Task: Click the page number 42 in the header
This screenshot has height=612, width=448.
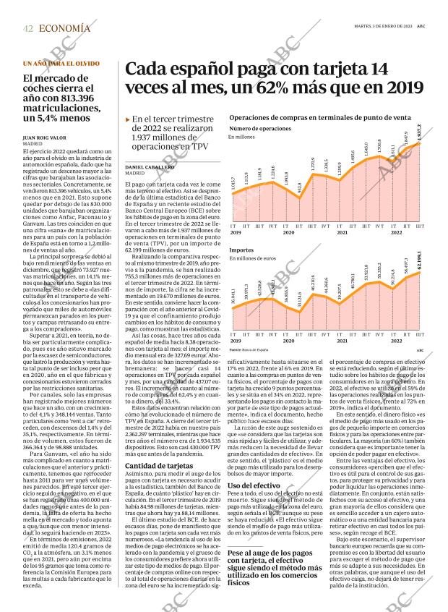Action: tap(27, 28)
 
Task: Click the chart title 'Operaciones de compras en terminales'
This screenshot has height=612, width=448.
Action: tap(319, 117)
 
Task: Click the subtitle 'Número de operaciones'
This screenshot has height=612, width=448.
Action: tap(259, 128)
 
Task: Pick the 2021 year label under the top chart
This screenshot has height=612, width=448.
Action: tap(343, 231)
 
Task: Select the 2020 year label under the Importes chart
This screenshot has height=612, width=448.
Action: tap(288, 340)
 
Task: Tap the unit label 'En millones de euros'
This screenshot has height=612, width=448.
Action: tap(253, 258)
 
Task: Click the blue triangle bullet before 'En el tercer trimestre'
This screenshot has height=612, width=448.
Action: tap(128, 119)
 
